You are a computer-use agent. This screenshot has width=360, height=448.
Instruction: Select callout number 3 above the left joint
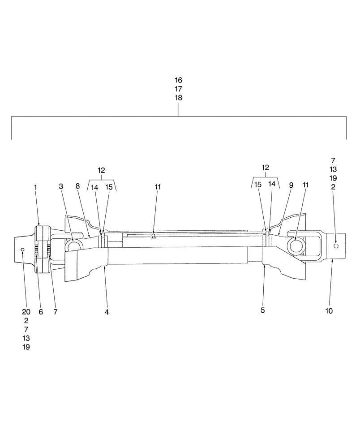61,187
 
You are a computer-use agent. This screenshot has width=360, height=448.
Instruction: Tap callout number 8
77,187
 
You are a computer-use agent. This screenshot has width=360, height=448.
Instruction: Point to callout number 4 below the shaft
107,311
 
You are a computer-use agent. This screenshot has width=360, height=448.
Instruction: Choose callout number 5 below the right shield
263,310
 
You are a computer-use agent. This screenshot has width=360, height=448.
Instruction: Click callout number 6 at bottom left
41,312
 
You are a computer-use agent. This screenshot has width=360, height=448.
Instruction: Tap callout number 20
26,312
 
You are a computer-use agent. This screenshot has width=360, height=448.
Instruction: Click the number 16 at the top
179,80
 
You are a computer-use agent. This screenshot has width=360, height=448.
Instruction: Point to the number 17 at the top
179,89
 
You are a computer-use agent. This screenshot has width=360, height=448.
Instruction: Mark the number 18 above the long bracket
179,98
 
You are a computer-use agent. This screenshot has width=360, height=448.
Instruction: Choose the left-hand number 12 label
101,170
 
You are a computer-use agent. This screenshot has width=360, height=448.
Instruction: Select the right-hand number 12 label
266,168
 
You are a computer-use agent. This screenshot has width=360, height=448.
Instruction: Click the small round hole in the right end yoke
337,245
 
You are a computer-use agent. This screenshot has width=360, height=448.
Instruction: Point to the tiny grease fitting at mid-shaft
153,236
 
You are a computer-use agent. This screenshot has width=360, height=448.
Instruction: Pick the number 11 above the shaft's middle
157,187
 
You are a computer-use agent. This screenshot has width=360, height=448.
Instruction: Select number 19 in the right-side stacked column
333,178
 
